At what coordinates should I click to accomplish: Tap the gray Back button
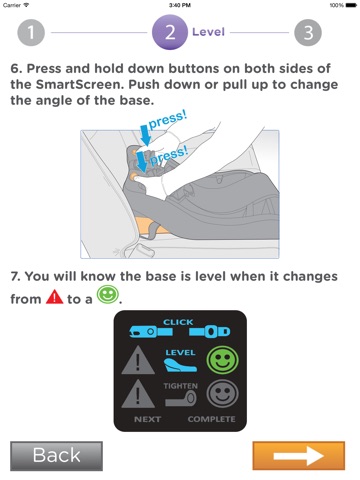(56, 456)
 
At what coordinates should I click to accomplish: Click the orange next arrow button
(299, 456)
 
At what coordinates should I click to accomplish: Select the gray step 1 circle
(31, 33)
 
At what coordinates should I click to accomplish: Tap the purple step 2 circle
(170, 32)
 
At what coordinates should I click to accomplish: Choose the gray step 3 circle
(308, 33)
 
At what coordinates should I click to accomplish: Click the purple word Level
(208, 32)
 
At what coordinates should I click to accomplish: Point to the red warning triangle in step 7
(54, 297)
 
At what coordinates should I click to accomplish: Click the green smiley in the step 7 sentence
(107, 295)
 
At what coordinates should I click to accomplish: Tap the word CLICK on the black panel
(178, 322)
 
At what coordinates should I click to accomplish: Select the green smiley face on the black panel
(222, 360)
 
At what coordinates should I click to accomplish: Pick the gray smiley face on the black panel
(222, 394)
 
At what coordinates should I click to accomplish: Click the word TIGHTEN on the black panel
(180, 386)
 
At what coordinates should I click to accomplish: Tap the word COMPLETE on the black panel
(211, 419)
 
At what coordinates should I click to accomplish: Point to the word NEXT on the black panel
(147, 419)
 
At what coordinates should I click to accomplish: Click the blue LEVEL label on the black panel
(180, 353)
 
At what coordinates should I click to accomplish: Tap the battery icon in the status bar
(351, 5)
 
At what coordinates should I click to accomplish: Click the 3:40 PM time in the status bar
(180, 5)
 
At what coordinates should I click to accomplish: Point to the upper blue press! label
(167, 120)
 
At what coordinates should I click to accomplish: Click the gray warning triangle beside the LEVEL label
(138, 360)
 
